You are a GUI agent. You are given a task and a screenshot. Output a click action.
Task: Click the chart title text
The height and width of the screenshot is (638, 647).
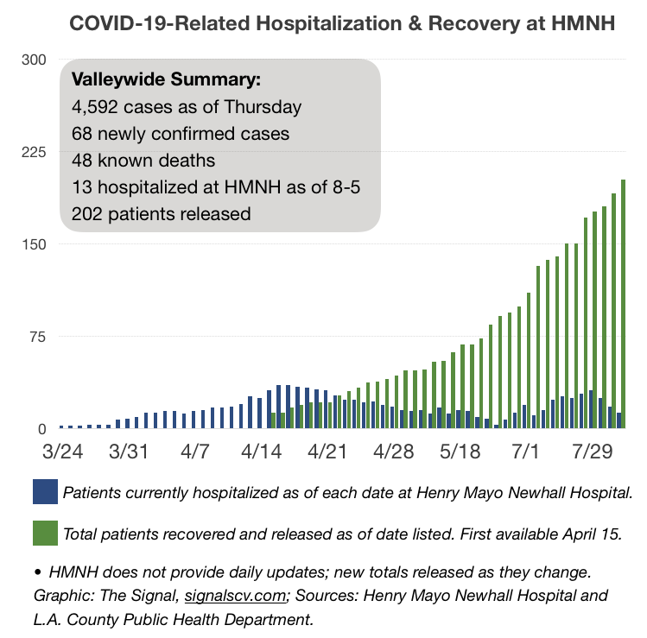(x=342, y=23)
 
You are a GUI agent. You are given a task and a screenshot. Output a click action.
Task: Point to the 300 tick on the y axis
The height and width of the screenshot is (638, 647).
(x=34, y=60)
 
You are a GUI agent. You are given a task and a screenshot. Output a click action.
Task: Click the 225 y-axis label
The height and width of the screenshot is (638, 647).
(x=34, y=152)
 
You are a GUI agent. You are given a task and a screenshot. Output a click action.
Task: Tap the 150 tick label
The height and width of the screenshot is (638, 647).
(x=34, y=244)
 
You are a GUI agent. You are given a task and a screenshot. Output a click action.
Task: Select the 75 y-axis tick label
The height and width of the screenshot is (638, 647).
(x=37, y=337)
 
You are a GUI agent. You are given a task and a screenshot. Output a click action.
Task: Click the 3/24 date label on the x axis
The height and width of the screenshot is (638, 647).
(x=63, y=452)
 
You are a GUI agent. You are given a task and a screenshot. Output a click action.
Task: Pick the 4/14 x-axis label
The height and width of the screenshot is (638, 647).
(x=261, y=452)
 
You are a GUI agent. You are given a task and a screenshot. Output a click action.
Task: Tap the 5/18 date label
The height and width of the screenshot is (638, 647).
(x=460, y=452)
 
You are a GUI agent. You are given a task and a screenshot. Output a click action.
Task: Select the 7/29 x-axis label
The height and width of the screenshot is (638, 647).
(x=593, y=452)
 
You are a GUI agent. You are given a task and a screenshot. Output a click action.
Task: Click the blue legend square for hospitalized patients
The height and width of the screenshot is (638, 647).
(x=46, y=491)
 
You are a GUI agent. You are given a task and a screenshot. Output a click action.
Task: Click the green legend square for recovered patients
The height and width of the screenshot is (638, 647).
(x=46, y=534)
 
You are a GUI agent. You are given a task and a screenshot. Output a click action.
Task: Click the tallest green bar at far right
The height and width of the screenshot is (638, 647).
(x=623, y=304)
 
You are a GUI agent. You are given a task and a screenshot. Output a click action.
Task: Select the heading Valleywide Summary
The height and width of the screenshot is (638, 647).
(x=167, y=79)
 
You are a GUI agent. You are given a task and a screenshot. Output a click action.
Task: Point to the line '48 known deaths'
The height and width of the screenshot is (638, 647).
(x=143, y=161)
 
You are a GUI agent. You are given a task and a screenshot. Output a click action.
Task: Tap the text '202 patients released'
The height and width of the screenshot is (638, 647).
(x=162, y=214)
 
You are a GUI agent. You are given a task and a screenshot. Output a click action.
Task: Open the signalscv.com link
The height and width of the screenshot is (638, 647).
(x=235, y=596)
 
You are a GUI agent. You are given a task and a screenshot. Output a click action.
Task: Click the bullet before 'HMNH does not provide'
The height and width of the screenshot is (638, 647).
(x=38, y=572)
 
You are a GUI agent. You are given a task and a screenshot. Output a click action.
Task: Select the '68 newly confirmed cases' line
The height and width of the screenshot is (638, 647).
(x=181, y=134)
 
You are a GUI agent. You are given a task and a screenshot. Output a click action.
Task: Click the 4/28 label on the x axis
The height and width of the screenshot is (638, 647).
(x=394, y=452)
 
